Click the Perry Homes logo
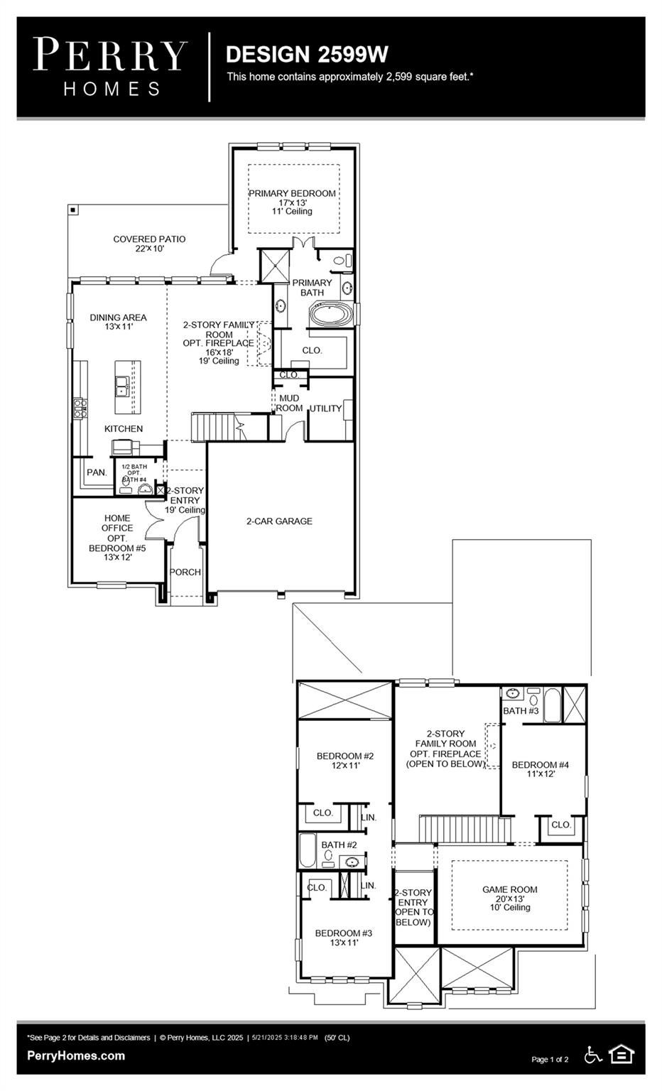coord(110,67)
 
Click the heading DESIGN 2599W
coord(306,54)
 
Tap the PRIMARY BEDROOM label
coord(292,193)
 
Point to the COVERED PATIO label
coord(149,239)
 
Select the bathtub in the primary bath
coord(330,315)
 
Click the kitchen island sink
coord(122,386)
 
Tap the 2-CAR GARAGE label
coord(279,521)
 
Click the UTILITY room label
coord(325,408)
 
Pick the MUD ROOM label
coord(289,403)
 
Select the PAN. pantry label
coord(97,472)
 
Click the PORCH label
coord(185,572)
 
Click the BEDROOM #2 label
coord(345,756)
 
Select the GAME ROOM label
coord(509,889)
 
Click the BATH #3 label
coord(521,711)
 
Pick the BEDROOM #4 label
coord(540,765)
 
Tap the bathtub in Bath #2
coord(307,850)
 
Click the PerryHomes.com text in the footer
coord(76,1055)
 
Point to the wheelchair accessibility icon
coord(592,1055)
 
